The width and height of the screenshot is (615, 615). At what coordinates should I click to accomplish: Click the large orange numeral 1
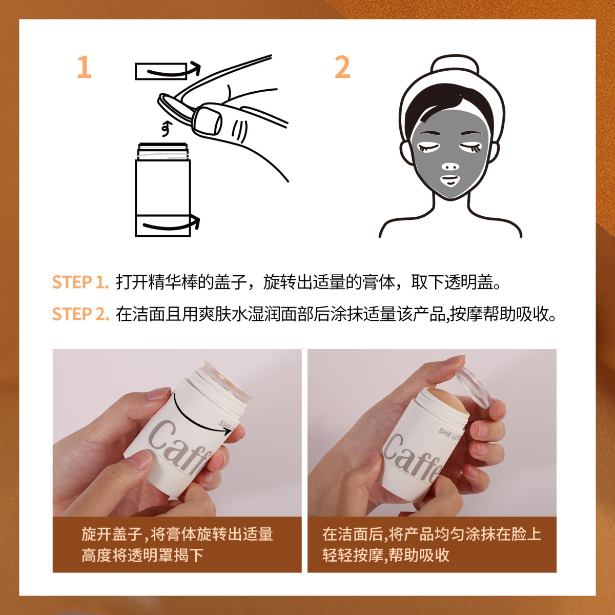[84, 67]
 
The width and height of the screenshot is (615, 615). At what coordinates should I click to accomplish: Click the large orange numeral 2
[342, 67]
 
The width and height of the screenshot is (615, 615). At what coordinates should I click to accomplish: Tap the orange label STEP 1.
[80, 282]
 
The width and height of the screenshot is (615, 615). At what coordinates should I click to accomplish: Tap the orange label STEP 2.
[80, 314]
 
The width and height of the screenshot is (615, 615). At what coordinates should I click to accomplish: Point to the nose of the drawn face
[450, 166]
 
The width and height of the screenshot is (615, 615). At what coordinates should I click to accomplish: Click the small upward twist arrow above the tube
[166, 129]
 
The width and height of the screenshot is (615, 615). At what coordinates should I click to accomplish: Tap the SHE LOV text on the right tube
[449, 435]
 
